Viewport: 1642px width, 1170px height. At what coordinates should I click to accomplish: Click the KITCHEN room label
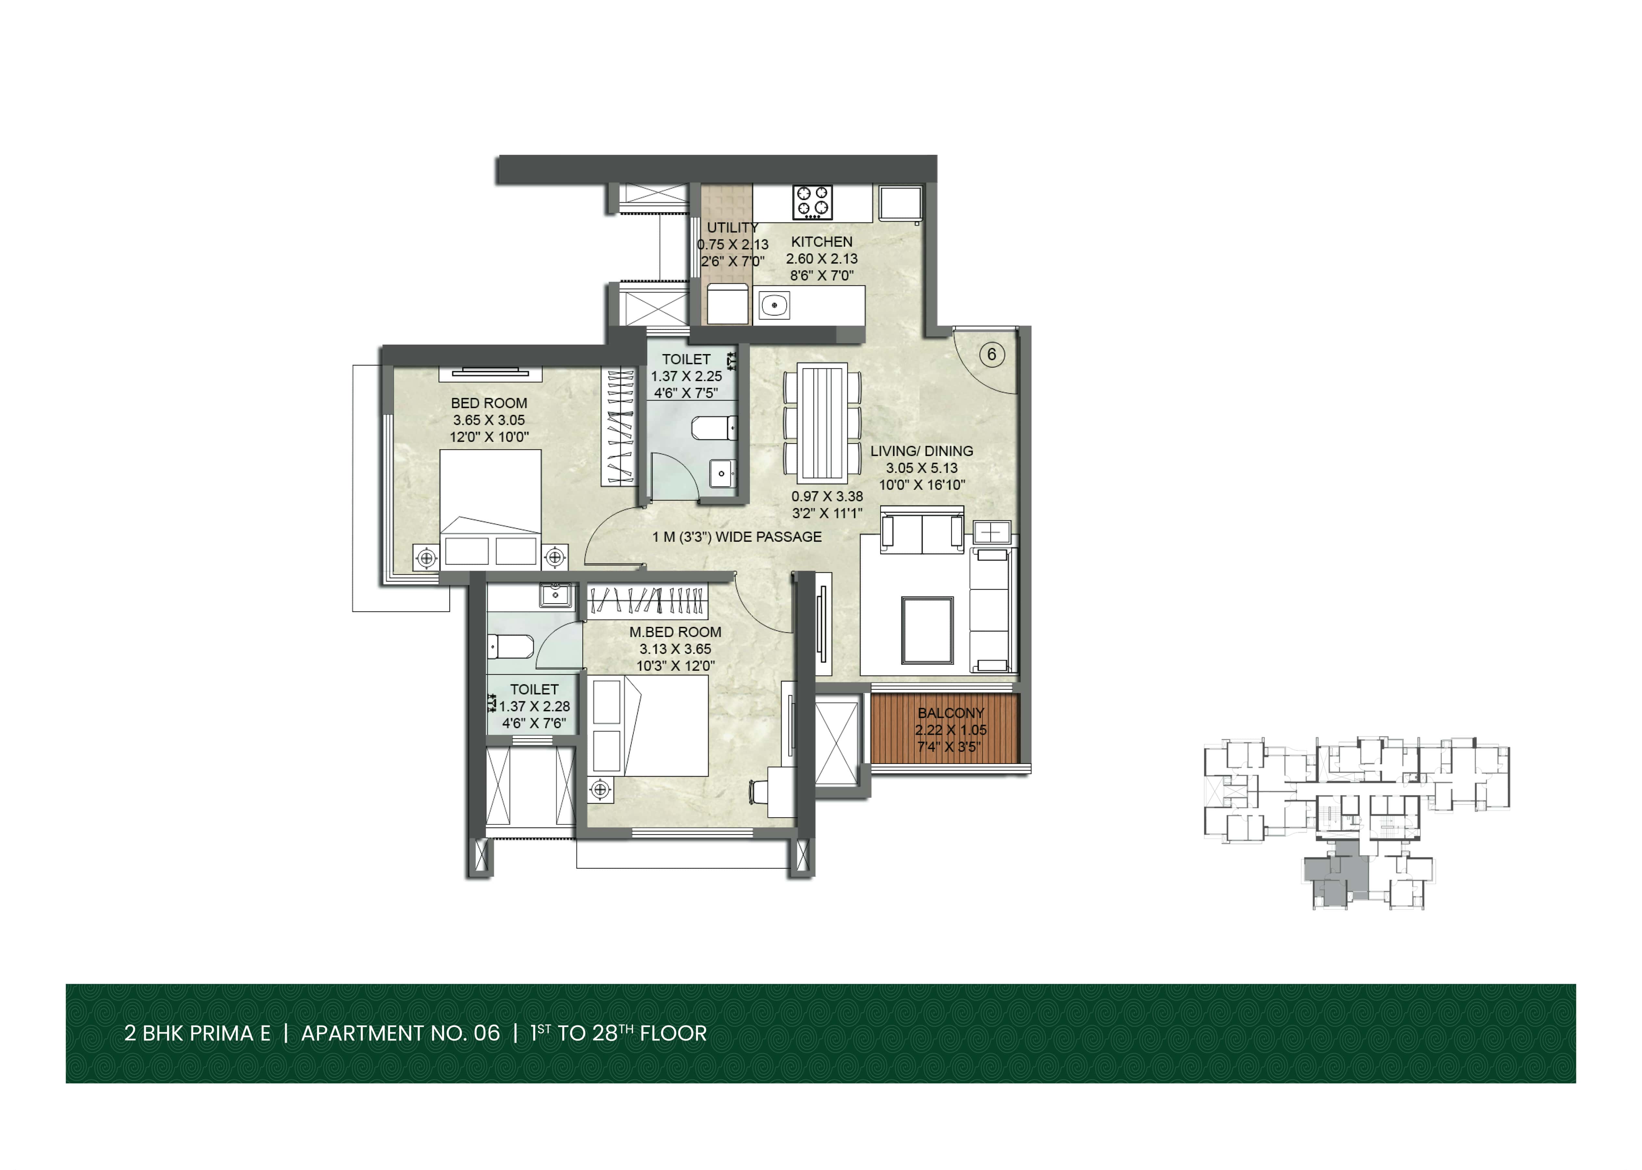pos(821,242)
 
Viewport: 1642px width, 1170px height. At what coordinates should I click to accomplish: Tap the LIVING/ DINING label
pos(922,451)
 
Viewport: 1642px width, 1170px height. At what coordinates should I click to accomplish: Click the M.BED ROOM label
pos(675,632)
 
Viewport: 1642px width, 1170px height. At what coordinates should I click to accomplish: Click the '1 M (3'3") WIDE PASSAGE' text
pos(737,537)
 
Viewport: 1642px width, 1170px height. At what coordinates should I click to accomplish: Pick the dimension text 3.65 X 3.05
pos(489,420)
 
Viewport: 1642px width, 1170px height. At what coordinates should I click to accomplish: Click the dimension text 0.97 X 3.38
pos(827,496)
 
